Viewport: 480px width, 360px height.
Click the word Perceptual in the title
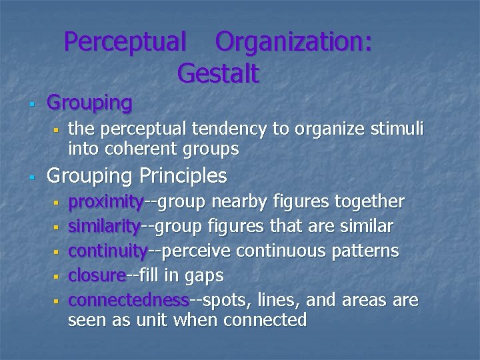tap(125, 42)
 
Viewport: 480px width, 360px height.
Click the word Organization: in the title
tap(293, 42)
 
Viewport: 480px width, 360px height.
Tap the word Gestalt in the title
tap(218, 73)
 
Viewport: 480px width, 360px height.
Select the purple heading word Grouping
tap(89, 103)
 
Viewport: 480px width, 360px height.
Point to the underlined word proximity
tap(106, 201)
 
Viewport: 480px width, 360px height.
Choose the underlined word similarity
tap(105, 226)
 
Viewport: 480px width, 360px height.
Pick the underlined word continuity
tap(108, 251)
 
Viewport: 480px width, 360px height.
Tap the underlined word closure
tap(97, 275)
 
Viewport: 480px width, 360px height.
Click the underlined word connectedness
tap(129, 300)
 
